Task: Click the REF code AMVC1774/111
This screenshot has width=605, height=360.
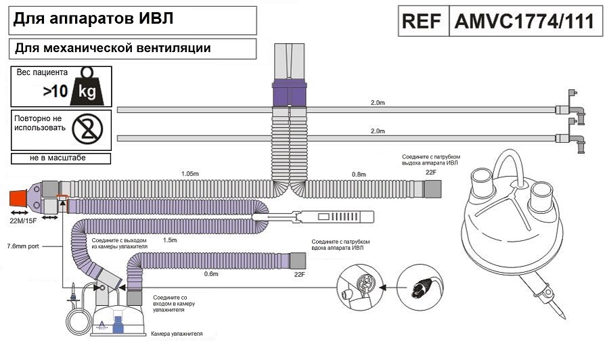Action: (524, 20)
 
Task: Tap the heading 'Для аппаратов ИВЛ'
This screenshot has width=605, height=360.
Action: (93, 20)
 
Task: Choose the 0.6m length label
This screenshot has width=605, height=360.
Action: (210, 274)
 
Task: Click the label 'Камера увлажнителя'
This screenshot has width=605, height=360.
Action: (176, 334)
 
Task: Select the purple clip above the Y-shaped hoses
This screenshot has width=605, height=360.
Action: (289, 93)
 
